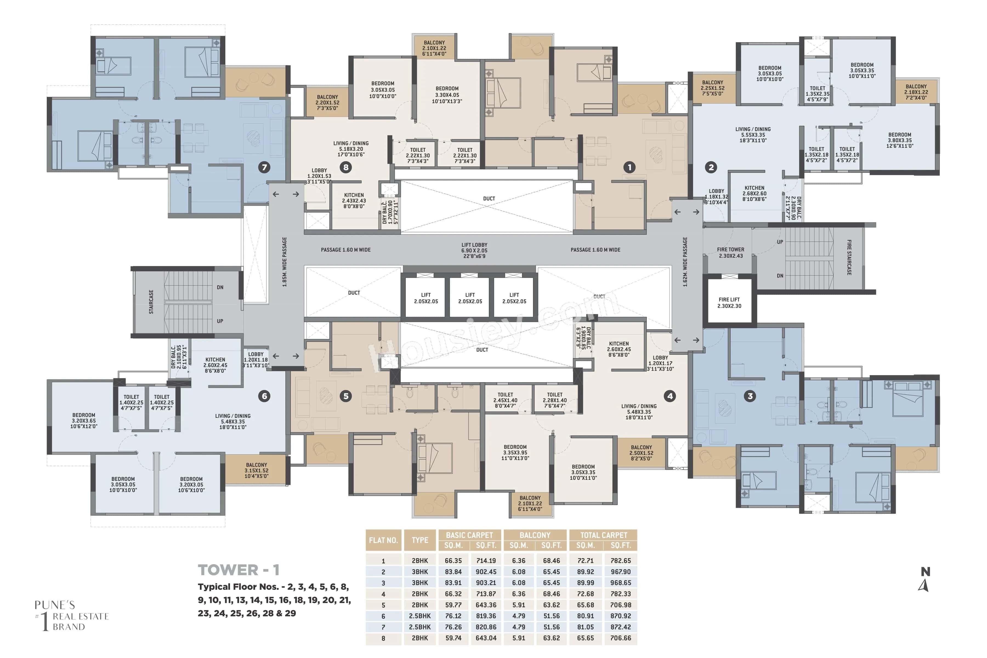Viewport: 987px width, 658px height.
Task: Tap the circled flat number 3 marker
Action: click(x=750, y=396)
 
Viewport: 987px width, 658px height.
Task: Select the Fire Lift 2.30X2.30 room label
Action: click(x=729, y=303)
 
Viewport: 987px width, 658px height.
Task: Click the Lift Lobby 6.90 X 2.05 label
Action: click(x=474, y=250)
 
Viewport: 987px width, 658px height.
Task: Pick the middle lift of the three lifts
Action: click(x=470, y=298)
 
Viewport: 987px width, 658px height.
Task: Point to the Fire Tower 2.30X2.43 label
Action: click(x=730, y=252)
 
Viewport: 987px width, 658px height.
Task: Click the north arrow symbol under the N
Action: click(x=924, y=585)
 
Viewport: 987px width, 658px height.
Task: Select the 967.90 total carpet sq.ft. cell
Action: click(x=620, y=572)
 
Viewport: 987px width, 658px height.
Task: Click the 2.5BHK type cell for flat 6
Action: click(x=420, y=616)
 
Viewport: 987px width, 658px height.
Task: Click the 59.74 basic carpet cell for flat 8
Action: click(x=453, y=638)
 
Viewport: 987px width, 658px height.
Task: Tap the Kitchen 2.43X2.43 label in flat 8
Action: click(x=354, y=201)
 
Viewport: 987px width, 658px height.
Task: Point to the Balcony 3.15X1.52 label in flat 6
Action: click(x=256, y=470)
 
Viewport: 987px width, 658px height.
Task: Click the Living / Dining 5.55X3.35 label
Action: click(x=753, y=135)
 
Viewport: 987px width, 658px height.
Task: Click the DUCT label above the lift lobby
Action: click(x=489, y=198)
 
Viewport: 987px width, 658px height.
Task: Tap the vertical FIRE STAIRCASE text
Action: click(x=849, y=257)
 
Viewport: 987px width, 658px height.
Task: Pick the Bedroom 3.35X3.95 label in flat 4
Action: click(x=515, y=452)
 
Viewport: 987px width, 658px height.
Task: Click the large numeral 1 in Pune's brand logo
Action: click(x=44, y=622)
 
